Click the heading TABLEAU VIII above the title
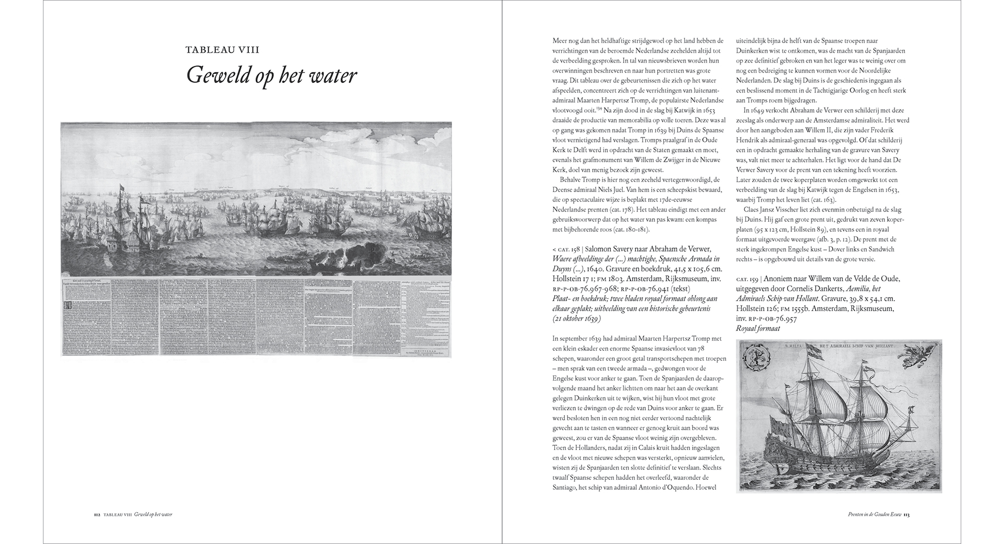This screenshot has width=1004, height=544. [223, 50]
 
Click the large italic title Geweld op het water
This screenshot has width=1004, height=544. [271, 76]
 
